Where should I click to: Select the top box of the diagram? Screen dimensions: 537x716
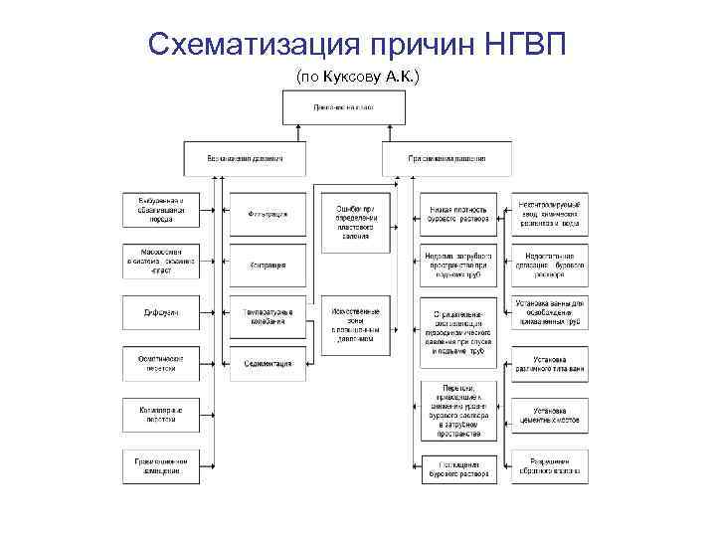344,106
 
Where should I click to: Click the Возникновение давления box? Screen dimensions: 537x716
245,158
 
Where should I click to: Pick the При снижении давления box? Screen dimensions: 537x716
447,158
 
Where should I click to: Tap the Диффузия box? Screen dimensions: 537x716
161,313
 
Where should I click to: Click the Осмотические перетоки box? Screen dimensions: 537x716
161,365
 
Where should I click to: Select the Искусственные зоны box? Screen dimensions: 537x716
355,325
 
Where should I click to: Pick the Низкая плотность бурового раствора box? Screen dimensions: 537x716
458,214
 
